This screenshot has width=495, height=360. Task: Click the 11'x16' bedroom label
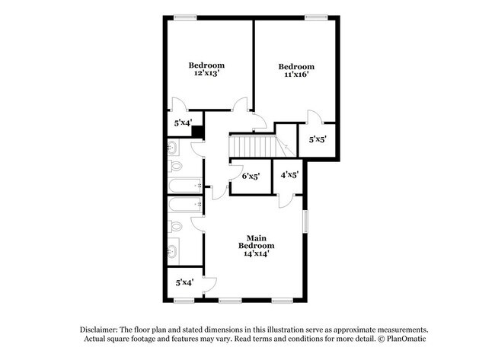pyautogui.click(x=296, y=71)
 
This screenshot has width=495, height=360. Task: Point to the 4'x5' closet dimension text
pyautogui.click(x=289, y=174)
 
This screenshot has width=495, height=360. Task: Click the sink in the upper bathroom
pyautogui.click(x=173, y=148)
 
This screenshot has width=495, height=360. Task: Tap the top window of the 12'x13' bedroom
pyautogui.click(x=183, y=18)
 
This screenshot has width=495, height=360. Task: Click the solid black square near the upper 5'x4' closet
pyautogui.click(x=196, y=131)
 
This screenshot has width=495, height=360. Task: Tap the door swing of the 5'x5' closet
pyautogui.click(x=313, y=116)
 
